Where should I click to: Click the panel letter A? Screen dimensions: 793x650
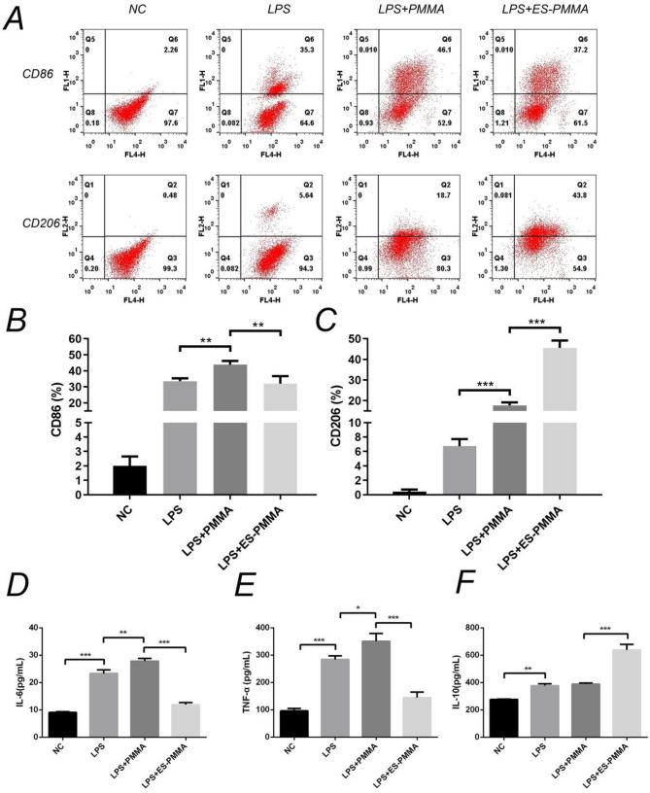(16, 18)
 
